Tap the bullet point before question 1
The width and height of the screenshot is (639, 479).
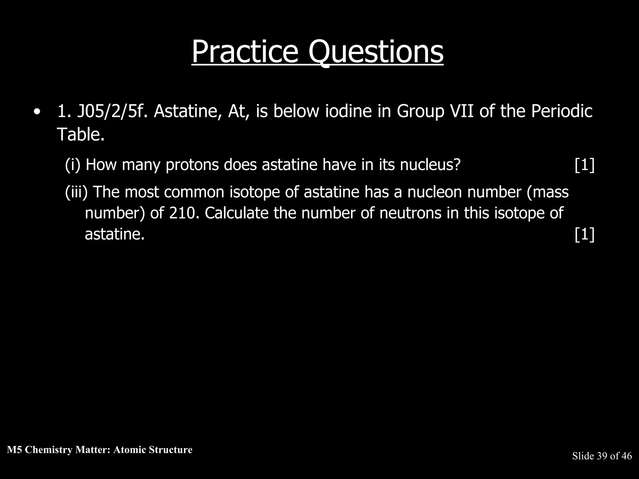pos(37,112)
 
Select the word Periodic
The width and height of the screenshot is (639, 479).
pos(562,111)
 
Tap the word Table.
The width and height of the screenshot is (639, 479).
pos(80,134)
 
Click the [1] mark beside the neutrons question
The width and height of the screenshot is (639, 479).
pos(584,234)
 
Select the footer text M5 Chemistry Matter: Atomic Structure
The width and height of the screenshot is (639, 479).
pos(100,450)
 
